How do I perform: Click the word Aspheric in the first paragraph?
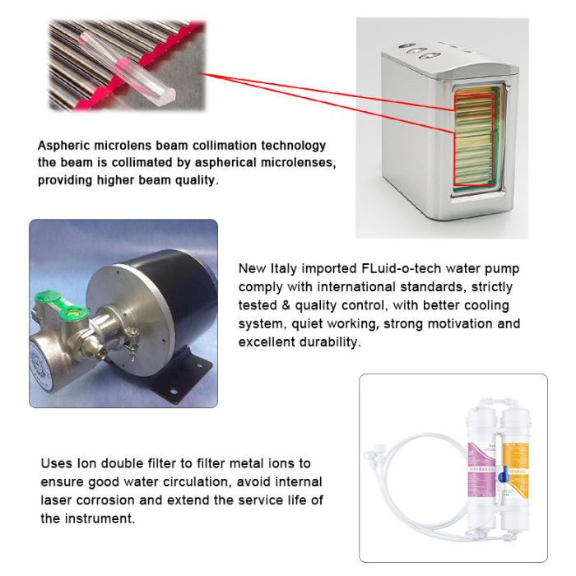click(64, 146)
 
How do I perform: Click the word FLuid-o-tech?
click(402, 268)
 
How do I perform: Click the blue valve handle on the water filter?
click(503, 475)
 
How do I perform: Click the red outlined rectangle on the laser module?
click(474, 141)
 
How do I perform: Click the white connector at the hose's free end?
click(374, 453)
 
